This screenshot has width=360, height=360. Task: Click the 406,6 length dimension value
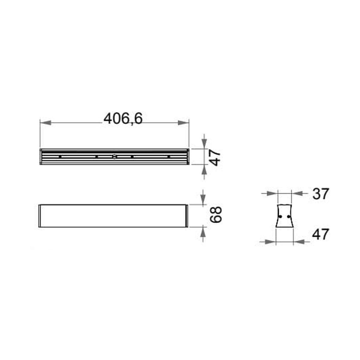coord(123,119)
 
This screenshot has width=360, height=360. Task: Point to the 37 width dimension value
coord(320,194)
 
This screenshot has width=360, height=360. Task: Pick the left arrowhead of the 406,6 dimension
coord(46,123)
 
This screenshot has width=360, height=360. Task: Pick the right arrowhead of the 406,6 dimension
coord(184,123)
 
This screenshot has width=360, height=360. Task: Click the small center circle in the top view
coord(114,157)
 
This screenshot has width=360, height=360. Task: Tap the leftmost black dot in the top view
coord(60,157)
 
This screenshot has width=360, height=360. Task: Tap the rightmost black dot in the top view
coord(169,157)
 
